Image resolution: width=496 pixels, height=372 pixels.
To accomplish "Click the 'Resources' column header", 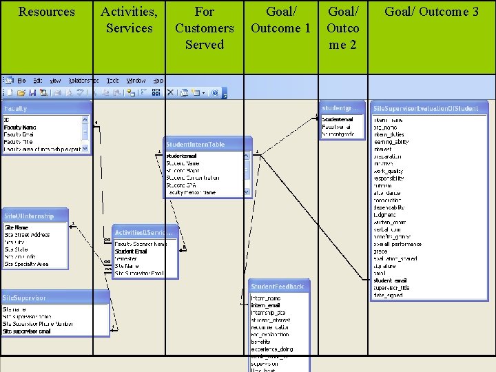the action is [x=46, y=12].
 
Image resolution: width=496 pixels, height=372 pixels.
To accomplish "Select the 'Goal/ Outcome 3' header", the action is [x=431, y=12].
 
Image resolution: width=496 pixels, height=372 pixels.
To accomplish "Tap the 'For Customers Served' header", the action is [x=205, y=28].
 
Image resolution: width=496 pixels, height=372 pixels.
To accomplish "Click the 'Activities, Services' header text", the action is [x=129, y=20].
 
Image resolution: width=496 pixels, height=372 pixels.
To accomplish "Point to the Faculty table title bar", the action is [x=45, y=108].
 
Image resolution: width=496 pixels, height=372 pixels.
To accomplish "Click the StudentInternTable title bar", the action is [x=207, y=144].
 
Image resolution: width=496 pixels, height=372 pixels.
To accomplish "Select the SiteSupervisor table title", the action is [x=55, y=298].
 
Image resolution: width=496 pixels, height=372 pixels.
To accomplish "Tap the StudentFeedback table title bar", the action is [x=278, y=286].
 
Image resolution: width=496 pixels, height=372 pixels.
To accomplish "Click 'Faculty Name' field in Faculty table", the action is [x=21, y=127].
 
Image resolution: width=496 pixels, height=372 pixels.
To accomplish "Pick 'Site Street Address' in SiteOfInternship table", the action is [x=28, y=235].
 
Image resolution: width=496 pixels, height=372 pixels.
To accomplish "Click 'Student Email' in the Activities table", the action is [x=131, y=251].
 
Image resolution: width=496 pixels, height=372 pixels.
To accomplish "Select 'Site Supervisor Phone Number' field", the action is [x=38, y=324].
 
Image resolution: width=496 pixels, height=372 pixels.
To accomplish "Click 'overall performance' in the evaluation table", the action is [x=397, y=244].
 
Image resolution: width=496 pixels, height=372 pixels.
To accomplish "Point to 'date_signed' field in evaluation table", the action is [x=387, y=295].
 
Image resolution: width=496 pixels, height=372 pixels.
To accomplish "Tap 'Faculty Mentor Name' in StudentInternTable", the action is [x=191, y=193].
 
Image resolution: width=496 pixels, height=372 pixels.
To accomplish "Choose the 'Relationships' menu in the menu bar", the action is [x=83, y=81].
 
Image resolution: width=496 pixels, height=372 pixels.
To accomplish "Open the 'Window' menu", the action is [x=136, y=81].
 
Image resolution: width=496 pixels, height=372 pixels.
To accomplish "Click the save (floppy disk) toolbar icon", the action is [x=32, y=92].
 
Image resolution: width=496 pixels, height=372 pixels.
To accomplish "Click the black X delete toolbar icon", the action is [x=170, y=92].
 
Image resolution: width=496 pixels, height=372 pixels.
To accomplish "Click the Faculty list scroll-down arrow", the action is [x=85, y=148].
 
